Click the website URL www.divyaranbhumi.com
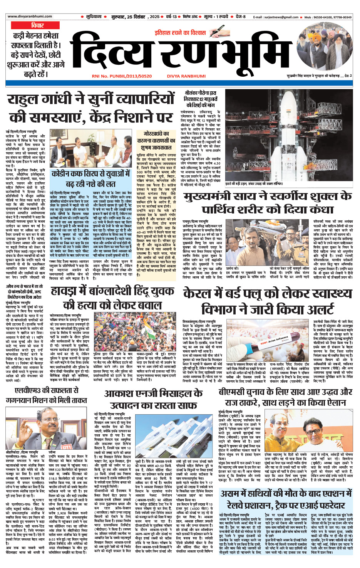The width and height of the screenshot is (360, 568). pyautogui.click(x=30, y=17)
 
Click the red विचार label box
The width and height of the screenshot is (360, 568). pyautogui.click(x=37, y=25)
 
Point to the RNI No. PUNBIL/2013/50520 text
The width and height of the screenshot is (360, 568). pyautogui.click(x=122, y=76)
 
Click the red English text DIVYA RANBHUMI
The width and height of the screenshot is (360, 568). pyautogui.click(x=186, y=76)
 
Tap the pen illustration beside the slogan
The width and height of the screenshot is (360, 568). pyautogui.click(x=217, y=32)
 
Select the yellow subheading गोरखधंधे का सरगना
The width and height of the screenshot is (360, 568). pyautogui.click(x=156, y=140)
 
